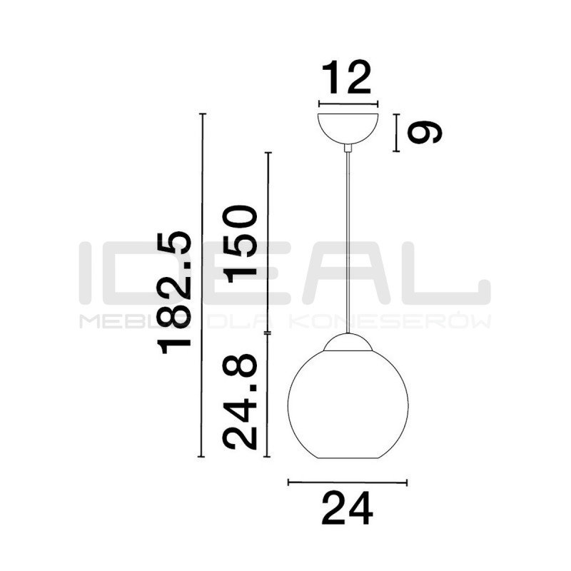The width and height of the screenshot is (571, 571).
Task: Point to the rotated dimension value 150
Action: pyautogui.click(x=240, y=243)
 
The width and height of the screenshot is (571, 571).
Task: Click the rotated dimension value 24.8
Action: pyautogui.click(x=240, y=403)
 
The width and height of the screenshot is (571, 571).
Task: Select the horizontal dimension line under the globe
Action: pyautogui.click(x=347, y=483)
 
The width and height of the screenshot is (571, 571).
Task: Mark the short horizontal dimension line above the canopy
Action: pyautogui.click(x=348, y=103)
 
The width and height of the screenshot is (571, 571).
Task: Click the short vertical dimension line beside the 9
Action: pyautogui.click(x=396, y=133)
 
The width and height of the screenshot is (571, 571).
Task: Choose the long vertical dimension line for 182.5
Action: pyautogui.click(x=203, y=285)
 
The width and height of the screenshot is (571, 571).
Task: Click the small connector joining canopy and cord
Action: pyautogui.click(x=348, y=148)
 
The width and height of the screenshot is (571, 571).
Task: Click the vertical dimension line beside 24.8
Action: pyautogui.click(x=268, y=396)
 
